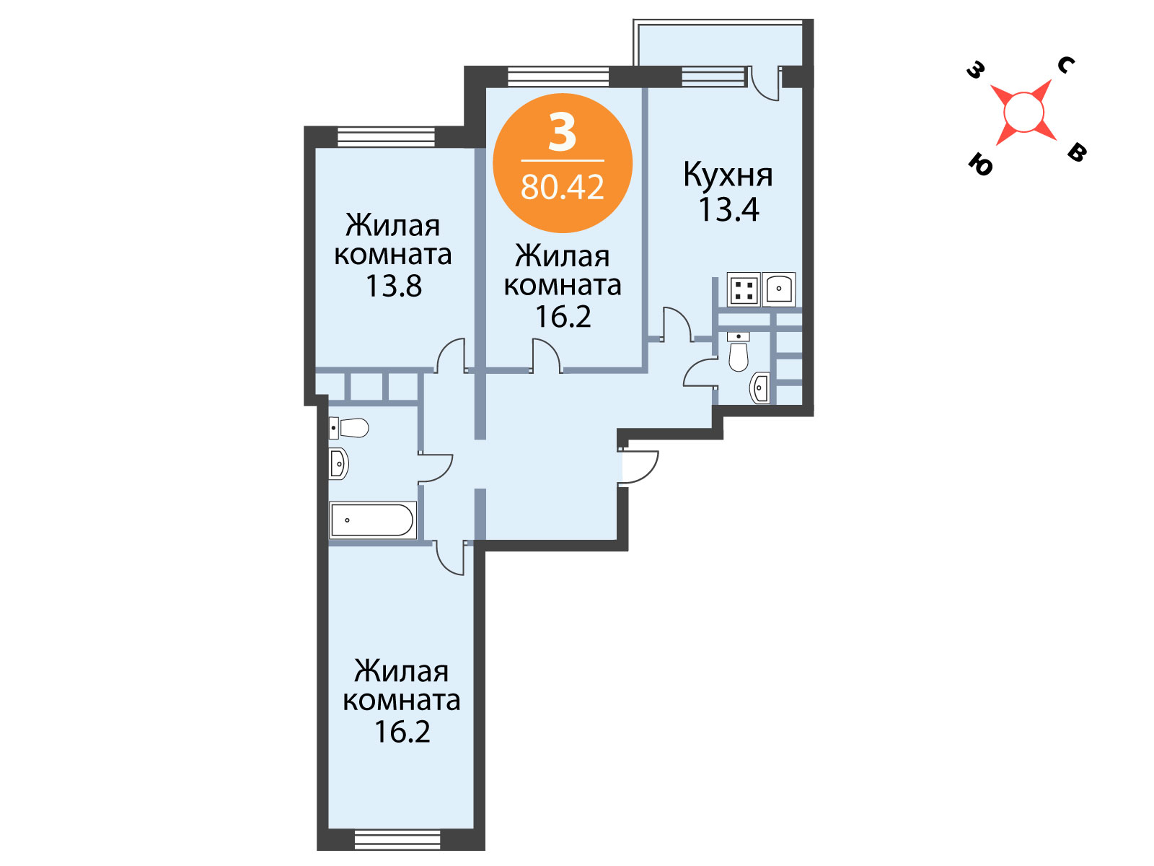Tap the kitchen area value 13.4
click(x=728, y=209)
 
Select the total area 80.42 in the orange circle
click(x=562, y=187)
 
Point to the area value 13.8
click(x=393, y=286)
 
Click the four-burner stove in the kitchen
click(x=744, y=289)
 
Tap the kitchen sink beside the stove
click(x=779, y=289)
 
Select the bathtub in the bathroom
click(x=372, y=520)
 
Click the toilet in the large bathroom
click(x=348, y=428)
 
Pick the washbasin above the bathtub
click(x=338, y=464)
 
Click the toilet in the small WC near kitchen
click(x=739, y=351)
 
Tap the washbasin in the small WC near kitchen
click(x=759, y=388)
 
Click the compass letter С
click(x=1066, y=65)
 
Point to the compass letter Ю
click(x=980, y=165)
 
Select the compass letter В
click(x=1077, y=152)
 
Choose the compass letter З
click(x=976, y=70)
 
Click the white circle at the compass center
click(x=1023, y=112)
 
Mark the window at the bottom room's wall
click(x=397, y=840)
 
